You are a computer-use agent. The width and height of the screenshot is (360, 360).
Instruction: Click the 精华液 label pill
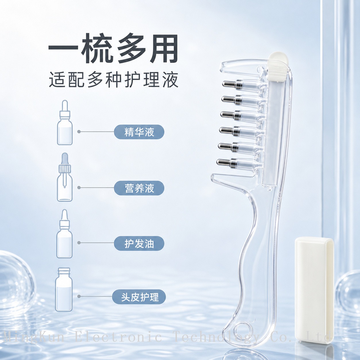click(x=139, y=132)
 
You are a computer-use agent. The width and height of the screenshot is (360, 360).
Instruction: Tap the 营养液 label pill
click(x=139, y=188)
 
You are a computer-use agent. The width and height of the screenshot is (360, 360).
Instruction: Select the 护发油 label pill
click(x=139, y=243)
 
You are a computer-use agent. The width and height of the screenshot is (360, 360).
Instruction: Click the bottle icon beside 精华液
click(x=65, y=123)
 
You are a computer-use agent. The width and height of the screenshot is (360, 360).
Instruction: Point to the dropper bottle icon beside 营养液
click(x=65, y=177)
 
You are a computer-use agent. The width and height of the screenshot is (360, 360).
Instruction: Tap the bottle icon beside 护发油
click(x=65, y=234)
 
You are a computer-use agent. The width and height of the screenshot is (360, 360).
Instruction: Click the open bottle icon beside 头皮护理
click(x=64, y=289)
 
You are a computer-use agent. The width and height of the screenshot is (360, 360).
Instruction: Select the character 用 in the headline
click(x=161, y=48)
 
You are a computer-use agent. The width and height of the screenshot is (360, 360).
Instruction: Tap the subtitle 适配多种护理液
click(x=114, y=80)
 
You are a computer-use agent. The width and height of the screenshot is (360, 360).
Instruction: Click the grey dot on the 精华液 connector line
click(x=79, y=132)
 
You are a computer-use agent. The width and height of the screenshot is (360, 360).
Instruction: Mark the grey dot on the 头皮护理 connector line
click(x=79, y=296)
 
